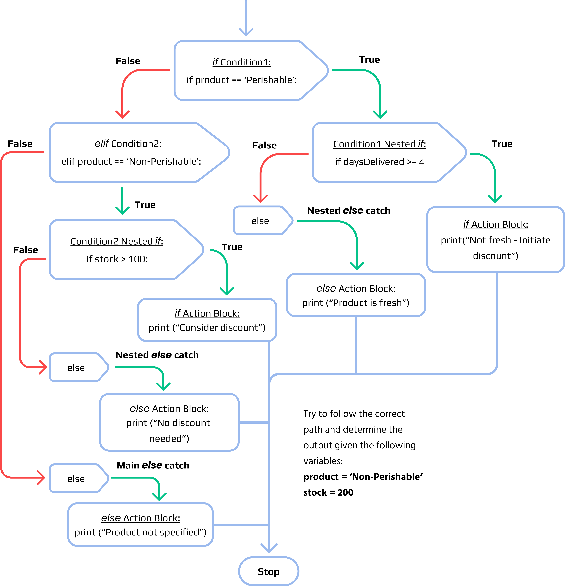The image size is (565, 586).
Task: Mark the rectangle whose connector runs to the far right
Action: click(495, 239)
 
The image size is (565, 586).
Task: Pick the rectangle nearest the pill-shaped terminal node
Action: click(140, 525)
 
